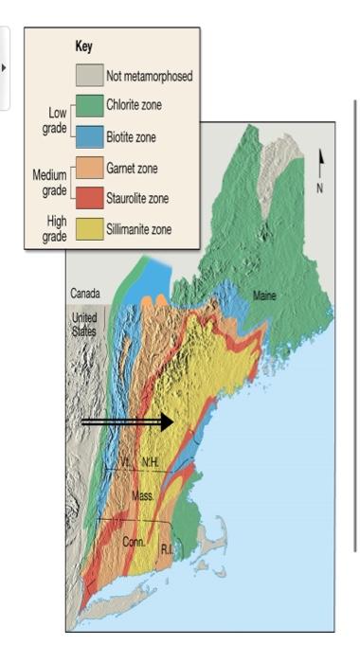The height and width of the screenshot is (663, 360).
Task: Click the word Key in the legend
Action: pos(83,45)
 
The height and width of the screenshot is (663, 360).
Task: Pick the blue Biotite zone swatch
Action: pos(89,137)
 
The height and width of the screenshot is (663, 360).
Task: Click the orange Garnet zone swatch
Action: pos(89,169)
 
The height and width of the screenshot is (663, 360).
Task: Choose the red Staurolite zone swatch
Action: pos(89,199)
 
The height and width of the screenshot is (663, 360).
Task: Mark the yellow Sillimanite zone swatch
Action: pos(89,229)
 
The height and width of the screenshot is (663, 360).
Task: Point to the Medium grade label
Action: pos(49,182)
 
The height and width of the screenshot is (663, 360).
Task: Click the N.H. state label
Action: pos(153,461)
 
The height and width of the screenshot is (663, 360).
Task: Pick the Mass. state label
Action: pos(143,495)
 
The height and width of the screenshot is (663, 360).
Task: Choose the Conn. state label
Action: pos(133,543)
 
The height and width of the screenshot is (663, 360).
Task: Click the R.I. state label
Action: pos(167,548)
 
